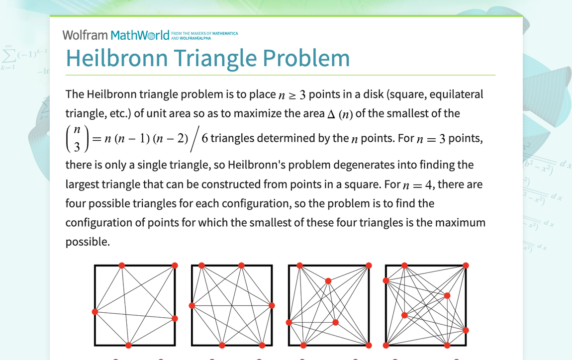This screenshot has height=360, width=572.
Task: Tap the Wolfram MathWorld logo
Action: (x=116, y=35)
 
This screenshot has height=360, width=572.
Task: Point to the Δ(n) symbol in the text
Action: (x=340, y=114)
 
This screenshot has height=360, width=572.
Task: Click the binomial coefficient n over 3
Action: (x=77, y=139)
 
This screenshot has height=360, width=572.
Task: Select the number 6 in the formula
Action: (x=204, y=139)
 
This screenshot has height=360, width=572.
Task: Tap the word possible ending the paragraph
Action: (x=87, y=242)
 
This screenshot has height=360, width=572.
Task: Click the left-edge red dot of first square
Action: (x=95, y=312)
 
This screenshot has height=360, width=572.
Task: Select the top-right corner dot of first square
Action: (x=175, y=266)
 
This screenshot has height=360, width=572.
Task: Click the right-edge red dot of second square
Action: (x=272, y=305)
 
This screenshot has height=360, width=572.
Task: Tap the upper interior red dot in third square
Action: (x=328, y=281)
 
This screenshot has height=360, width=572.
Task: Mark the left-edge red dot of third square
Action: (x=289, y=323)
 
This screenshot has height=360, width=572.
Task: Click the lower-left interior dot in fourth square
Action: (x=404, y=315)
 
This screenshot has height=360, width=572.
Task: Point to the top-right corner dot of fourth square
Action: (x=466, y=266)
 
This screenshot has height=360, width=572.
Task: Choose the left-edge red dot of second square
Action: (x=192, y=305)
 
